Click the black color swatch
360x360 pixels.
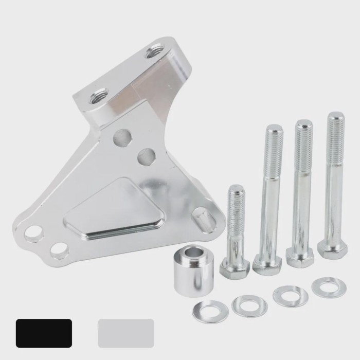pyautogui.click(x=44, y=333)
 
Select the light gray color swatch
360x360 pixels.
pyautogui.click(x=125, y=333)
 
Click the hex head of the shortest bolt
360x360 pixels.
pyautogui.click(x=235, y=267)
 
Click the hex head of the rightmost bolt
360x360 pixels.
pyautogui.click(x=332, y=249)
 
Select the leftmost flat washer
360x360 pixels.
pyautogui.click(x=210, y=312)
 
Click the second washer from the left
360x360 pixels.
pyautogui.click(x=249, y=305)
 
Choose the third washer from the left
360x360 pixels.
pyautogui.click(x=291, y=296)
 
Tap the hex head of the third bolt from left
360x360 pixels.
pyautogui.click(x=300, y=256)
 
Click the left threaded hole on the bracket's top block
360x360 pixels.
pyautogui.click(x=97, y=97)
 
